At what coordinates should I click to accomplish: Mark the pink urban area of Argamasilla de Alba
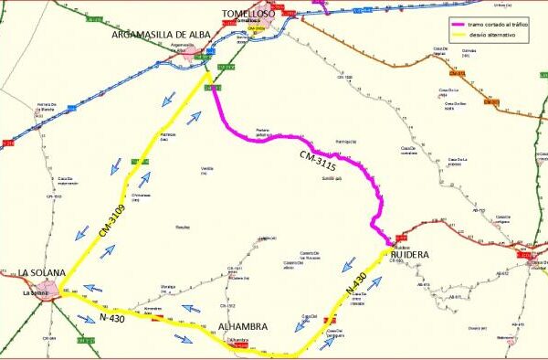coord(192,53)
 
